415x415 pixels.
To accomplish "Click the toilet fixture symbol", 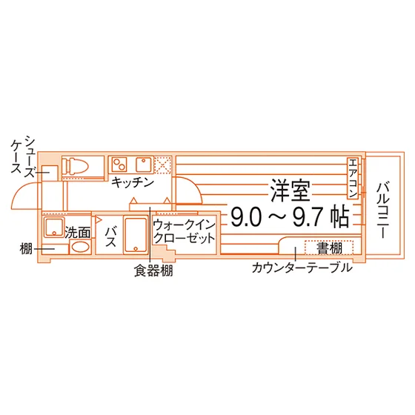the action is click(x=76, y=166).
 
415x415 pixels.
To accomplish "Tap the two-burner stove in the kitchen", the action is click(x=119, y=165).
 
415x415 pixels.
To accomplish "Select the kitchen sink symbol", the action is click(x=144, y=165).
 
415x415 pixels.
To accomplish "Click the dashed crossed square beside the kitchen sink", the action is click(x=162, y=165).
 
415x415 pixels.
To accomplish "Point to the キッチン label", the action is click(x=133, y=182).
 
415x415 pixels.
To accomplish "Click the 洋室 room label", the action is click(x=290, y=190).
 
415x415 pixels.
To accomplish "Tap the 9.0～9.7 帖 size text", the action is click(x=290, y=216).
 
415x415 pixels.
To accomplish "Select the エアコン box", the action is click(x=353, y=178).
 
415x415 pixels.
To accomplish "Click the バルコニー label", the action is click(x=382, y=210).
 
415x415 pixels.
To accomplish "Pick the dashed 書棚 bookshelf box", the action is click(x=329, y=248).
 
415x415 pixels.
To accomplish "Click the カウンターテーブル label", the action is click(x=302, y=268).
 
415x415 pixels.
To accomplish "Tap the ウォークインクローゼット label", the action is click(x=185, y=231).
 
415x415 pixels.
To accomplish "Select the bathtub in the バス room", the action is click(x=136, y=235).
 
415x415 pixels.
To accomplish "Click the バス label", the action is click(x=110, y=236).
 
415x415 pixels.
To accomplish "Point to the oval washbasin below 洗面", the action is click(x=80, y=248).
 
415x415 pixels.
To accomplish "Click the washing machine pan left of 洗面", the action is click(x=54, y=227).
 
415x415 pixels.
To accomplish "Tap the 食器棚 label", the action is click(x=153, y=270).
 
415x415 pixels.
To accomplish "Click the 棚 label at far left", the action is click(x=26, y=249).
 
